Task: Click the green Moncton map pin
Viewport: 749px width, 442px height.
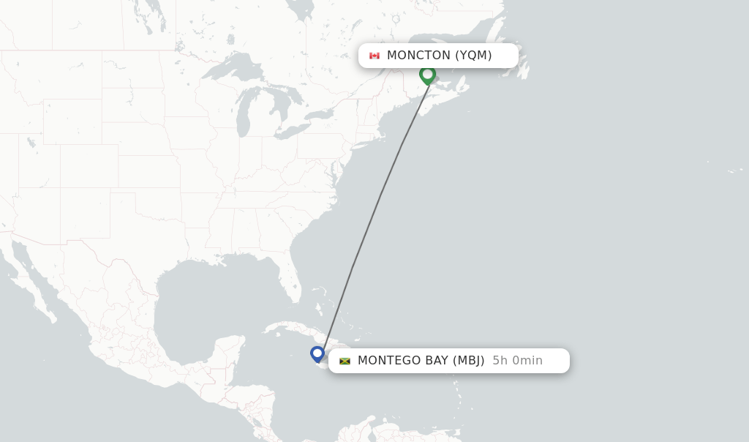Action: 427,75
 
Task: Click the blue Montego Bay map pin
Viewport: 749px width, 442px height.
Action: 317,354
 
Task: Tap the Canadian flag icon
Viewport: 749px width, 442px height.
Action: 374,56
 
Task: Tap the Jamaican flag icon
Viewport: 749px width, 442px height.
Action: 345,361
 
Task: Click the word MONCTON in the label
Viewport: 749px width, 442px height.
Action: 418,56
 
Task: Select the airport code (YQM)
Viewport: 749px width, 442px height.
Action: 473,56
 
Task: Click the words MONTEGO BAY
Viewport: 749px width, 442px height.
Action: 402,361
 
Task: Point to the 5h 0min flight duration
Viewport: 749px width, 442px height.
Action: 517,361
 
